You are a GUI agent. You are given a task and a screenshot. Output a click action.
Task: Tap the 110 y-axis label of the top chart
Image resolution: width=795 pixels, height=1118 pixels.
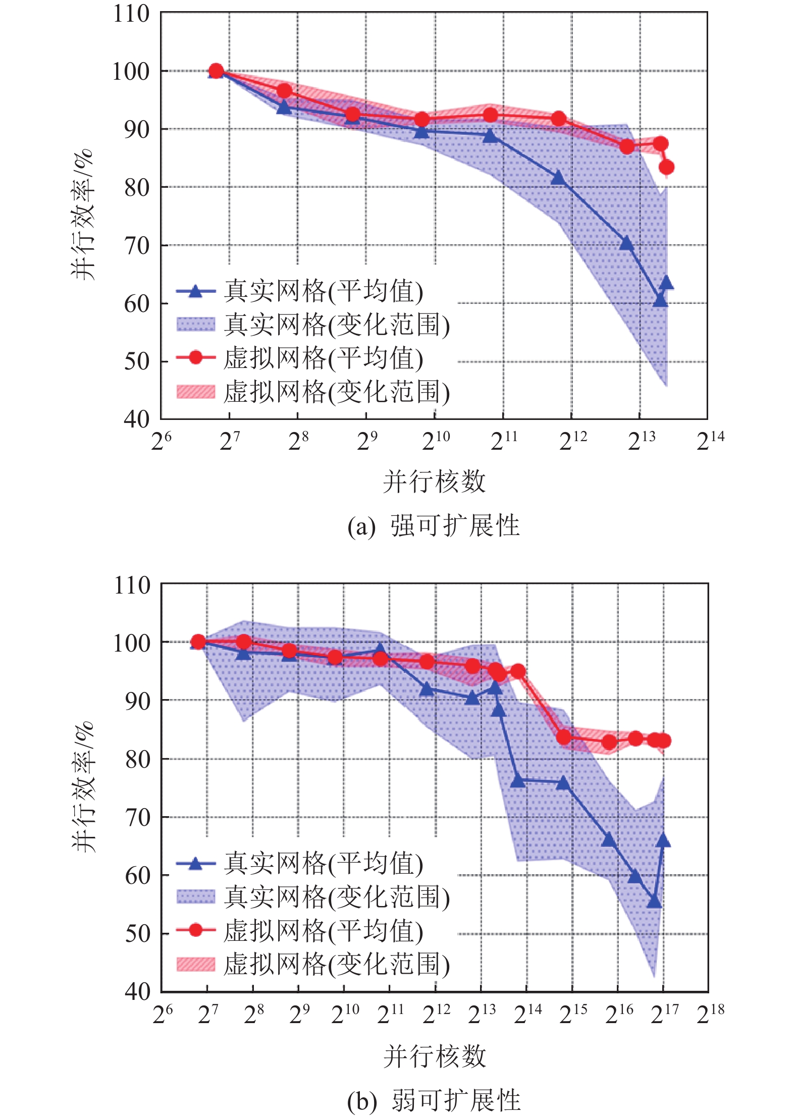click(x=131, y=14)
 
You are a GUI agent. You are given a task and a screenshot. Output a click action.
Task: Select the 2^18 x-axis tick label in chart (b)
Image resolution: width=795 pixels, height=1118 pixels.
click(x=710, y=1014)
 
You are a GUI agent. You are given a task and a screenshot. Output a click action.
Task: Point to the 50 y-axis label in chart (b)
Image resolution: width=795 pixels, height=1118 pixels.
click(x=137, y=933)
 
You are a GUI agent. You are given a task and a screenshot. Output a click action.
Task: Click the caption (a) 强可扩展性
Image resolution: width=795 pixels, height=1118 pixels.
click(x=433, y=526)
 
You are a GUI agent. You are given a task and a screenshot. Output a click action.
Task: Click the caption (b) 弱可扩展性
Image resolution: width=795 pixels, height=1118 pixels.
click(x=433, y=1100)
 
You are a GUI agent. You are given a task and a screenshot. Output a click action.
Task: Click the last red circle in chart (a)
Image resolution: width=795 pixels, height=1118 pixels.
click(x=666, y=167)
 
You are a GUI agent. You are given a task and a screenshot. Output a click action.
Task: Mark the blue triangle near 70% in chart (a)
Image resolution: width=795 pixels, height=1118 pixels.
click(x=626, y=243)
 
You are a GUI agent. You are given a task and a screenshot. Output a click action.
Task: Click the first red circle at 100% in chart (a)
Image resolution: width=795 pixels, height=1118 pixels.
click(x=216, y=71)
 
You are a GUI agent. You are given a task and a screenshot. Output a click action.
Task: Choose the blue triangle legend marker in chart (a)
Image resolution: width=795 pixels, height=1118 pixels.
click(x=195, y=291)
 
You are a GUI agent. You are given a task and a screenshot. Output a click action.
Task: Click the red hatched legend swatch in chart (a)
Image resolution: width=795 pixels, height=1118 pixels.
click(x=195, y=391)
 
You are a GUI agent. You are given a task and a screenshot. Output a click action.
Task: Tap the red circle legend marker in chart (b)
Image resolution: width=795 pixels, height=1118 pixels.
click(x=195, y=930)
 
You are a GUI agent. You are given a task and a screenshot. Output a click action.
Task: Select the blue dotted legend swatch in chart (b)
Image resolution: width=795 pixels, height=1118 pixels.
click(x=195, y=897)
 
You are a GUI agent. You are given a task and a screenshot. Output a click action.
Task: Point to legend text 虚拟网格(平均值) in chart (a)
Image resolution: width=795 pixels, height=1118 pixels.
click(x=323, y=358)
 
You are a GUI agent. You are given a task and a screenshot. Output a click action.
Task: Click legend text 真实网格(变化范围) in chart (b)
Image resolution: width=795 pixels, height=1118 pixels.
click(x=336, y=897)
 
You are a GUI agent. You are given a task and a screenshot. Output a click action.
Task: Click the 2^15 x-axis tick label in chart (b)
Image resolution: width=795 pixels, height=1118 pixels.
click(x=573, y=1014)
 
